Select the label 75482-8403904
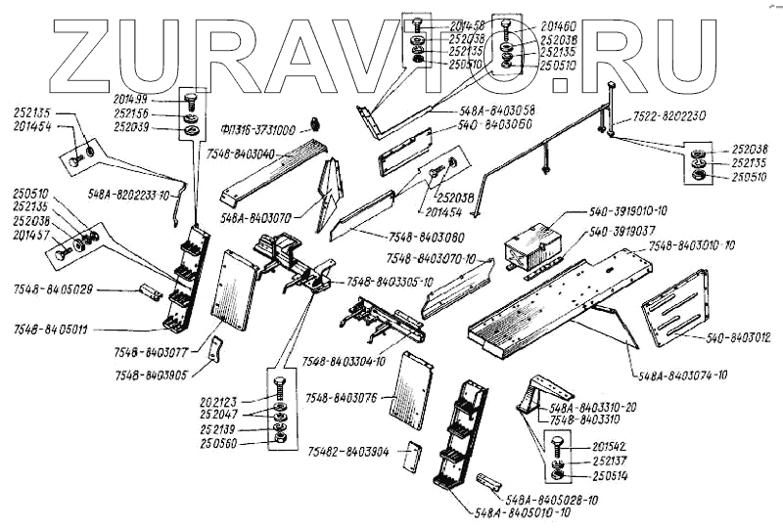point(349,452)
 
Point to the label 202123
point(221,401)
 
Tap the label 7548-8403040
point(241,154)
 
